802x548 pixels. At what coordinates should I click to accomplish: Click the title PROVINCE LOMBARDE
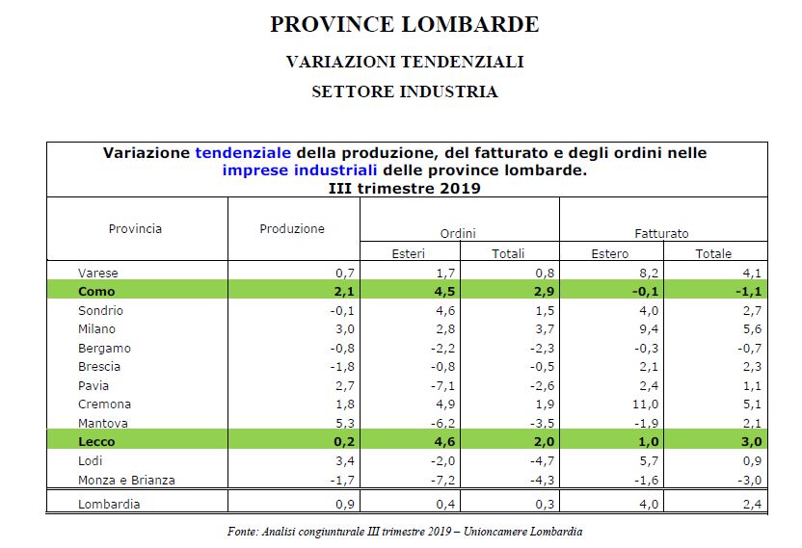[x=405, y=24]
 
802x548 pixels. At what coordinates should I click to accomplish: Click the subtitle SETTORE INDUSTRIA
[x=405, y=92]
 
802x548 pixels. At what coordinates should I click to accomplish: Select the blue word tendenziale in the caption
[x=245, y=153]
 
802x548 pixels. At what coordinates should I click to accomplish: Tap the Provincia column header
[x=135, y=229]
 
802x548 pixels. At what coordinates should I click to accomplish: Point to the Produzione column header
[x=292, y=229]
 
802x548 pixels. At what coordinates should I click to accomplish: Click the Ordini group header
[x=458, y=234]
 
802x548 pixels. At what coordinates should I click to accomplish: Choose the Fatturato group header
[x=661, y=234]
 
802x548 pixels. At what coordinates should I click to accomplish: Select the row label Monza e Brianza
[x=126, y=480]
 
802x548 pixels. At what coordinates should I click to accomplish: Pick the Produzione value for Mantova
[x=346, y=423]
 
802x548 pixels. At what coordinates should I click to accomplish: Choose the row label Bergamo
[x=104, y=348]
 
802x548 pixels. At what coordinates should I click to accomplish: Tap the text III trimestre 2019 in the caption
[x=405, y=188]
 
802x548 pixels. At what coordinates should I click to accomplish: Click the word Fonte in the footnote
[x=240, y=531]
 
